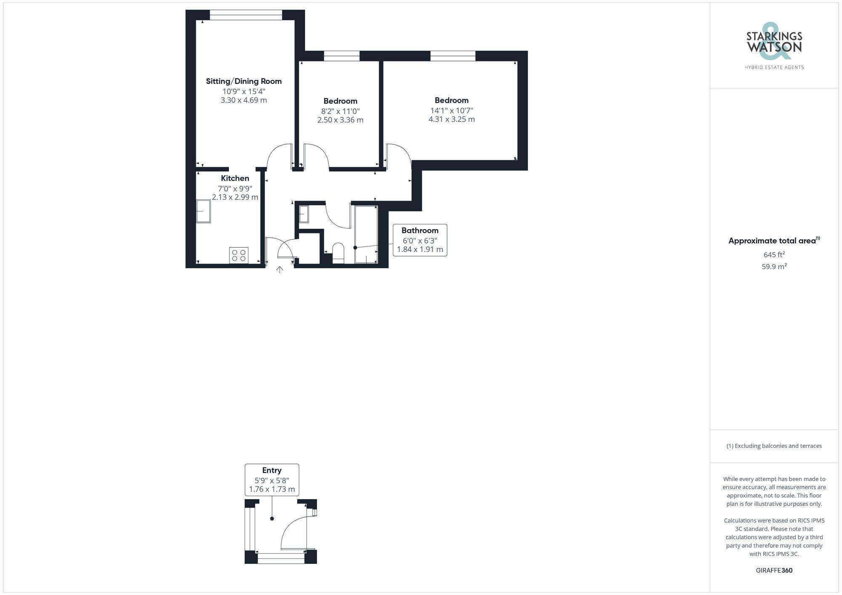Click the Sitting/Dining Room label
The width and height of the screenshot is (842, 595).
(243, 81)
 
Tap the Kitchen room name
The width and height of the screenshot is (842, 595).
(235, 178)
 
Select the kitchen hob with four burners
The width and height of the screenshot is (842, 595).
(239, 255)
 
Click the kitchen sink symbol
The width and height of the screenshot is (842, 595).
(203, 211)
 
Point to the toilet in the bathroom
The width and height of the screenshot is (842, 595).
(338, 253)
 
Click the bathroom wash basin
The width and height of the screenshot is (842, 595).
(304, 214)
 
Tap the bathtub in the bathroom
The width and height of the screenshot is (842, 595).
(366, 234)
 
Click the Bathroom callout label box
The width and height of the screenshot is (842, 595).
(420, 240)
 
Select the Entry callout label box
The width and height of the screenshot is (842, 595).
(272, 480)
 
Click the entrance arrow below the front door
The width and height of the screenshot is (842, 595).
(280, 270)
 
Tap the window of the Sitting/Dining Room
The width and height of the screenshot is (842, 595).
(246, 15)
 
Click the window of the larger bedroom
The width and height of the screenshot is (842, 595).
(453, 56)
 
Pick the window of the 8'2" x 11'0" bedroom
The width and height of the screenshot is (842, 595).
(341, 56)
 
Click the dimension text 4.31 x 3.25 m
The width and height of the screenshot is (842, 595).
(451, 119)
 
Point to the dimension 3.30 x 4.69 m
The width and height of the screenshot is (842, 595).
(244, 100)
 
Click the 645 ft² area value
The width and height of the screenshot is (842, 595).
(774, 255)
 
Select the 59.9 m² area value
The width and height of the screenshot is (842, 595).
(774, 267)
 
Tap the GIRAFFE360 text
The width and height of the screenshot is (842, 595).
(774, 570)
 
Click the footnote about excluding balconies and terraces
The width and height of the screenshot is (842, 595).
(774, 446)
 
